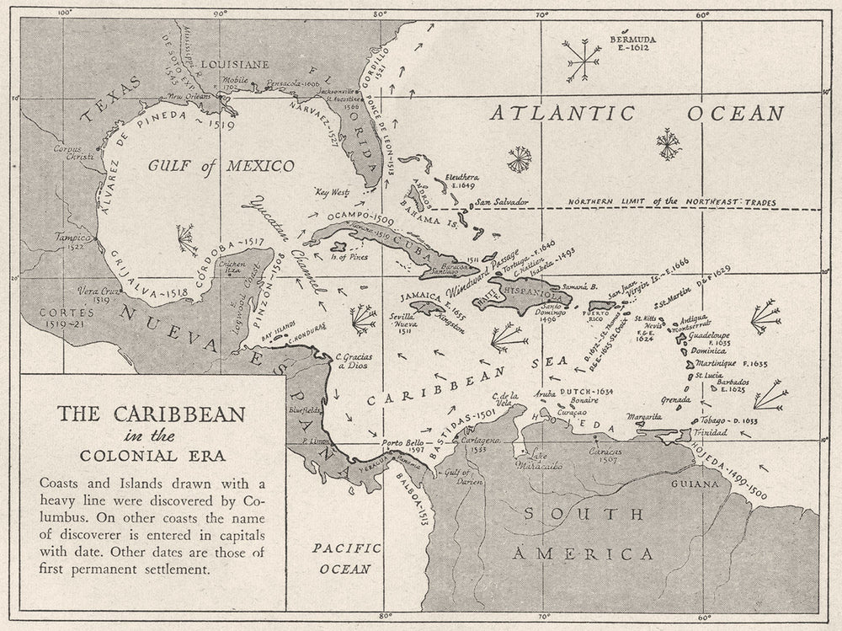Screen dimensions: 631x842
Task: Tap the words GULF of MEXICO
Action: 221,165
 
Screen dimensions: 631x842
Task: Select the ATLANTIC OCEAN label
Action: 637,113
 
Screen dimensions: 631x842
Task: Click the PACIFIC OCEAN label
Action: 347,559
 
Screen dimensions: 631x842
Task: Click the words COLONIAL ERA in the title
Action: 151,456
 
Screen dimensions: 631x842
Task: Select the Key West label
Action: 332,191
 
